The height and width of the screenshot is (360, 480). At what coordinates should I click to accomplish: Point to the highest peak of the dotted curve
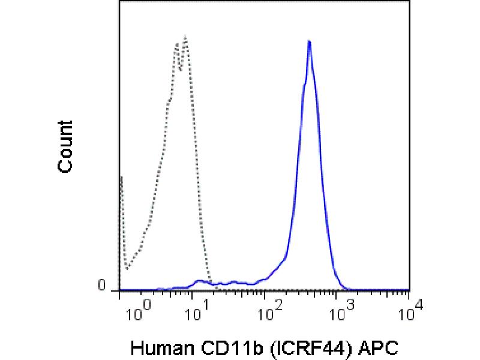(x=185, y=37)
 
